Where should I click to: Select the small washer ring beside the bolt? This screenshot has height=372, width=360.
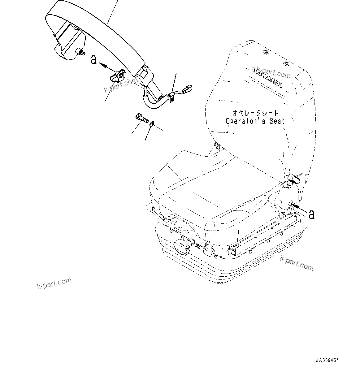152,124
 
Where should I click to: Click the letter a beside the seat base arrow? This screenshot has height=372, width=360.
312,214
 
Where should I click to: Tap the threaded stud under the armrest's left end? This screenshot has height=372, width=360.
81,52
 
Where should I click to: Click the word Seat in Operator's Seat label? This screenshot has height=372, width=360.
276,121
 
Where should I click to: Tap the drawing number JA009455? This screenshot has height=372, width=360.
327,361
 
